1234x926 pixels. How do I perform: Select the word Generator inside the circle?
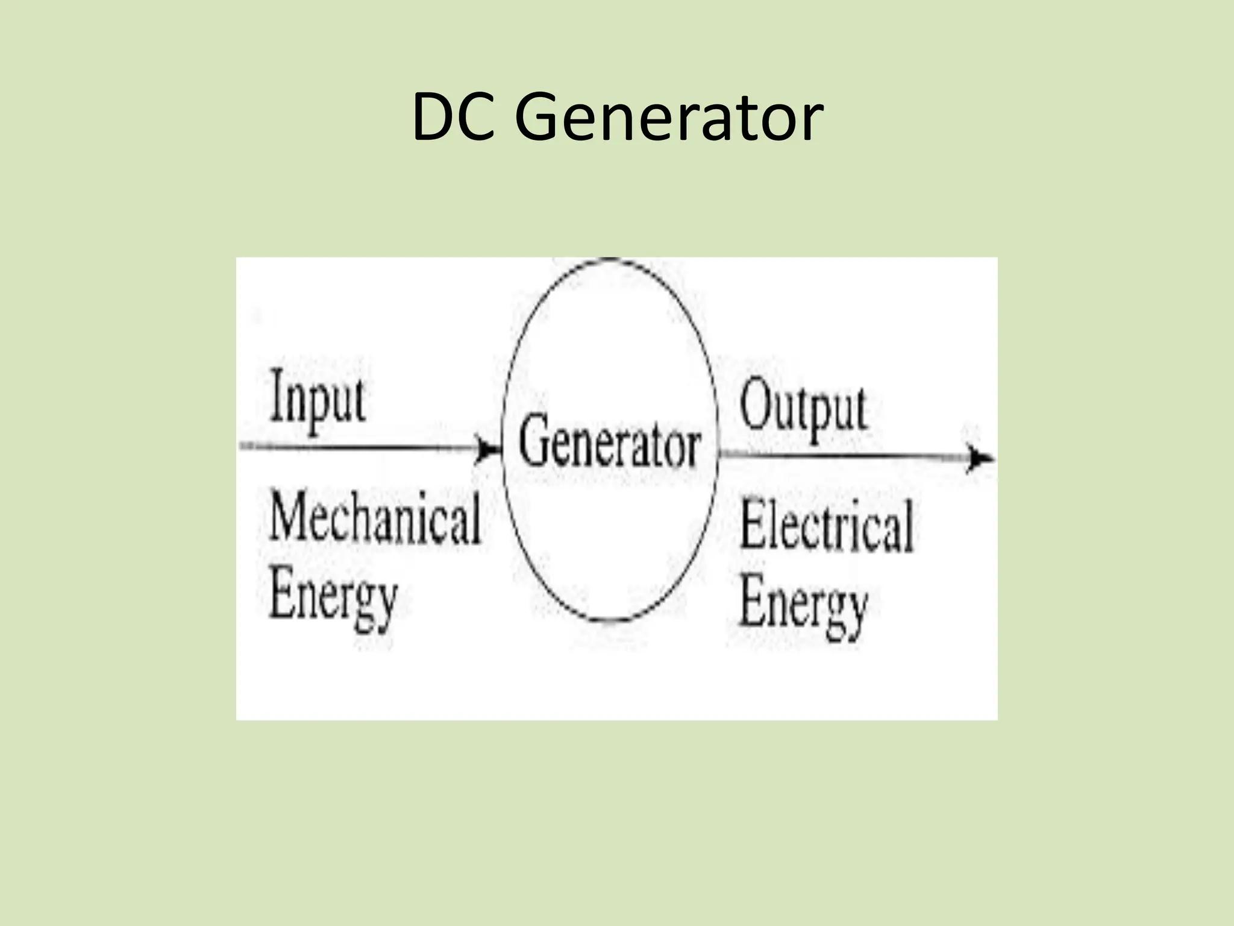click(609, 447)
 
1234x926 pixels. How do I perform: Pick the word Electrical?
click(826, 526)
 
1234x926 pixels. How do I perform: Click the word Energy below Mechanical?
click(333, 599)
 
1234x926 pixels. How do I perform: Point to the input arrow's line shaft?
click(362, 447)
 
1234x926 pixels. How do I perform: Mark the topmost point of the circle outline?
click(610, 259)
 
